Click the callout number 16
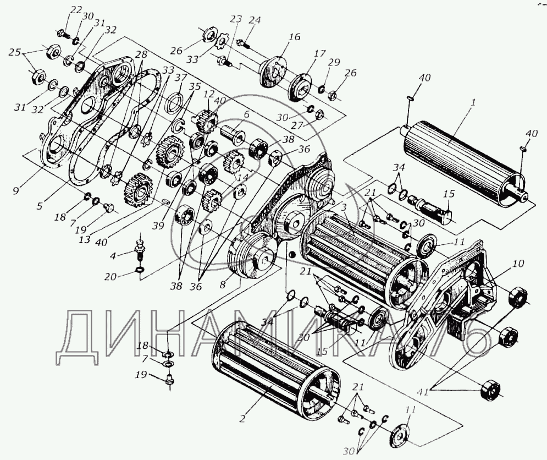click(295, 37)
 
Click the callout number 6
click(247, 114)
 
